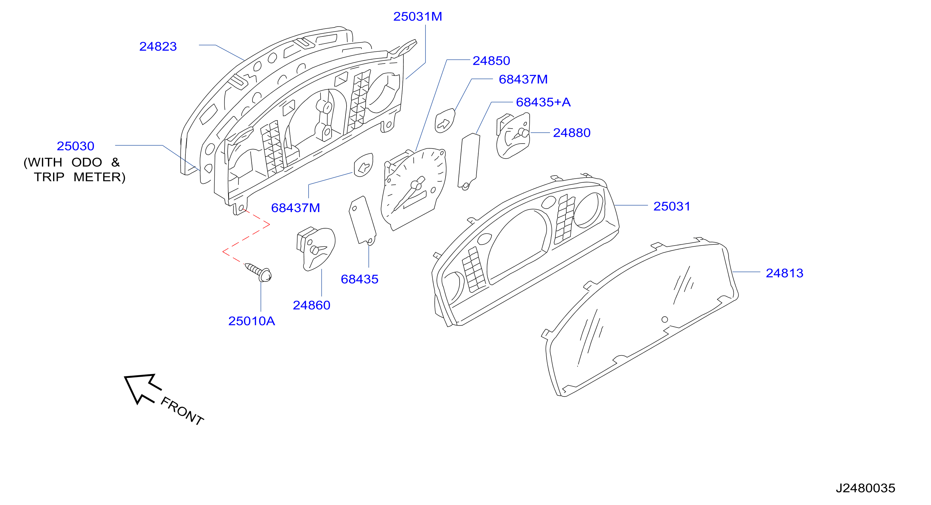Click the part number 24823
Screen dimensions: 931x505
coord(158,47)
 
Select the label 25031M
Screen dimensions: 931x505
coord(417,17)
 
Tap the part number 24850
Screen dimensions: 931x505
coord(491,61)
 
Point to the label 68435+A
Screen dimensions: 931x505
coord(543,102)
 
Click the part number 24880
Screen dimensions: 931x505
coord(572,133)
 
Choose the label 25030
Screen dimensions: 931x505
coord(76,146)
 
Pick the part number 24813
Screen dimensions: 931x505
coord(785,273)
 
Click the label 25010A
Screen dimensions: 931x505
coord(252,321)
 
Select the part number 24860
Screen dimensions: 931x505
coord(312,306)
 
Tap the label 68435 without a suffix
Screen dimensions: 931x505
coord(360,279)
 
